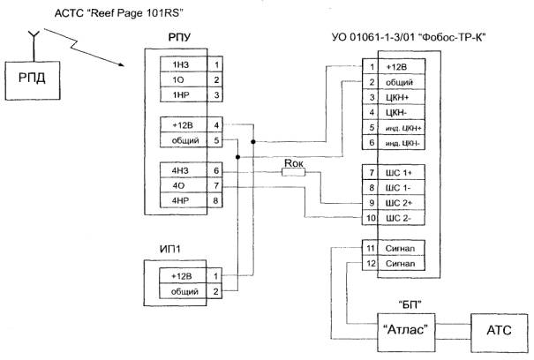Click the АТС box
point(499,331)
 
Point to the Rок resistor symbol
point(295,172)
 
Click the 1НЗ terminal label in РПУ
point(180,64)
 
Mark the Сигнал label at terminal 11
point(402,249)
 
